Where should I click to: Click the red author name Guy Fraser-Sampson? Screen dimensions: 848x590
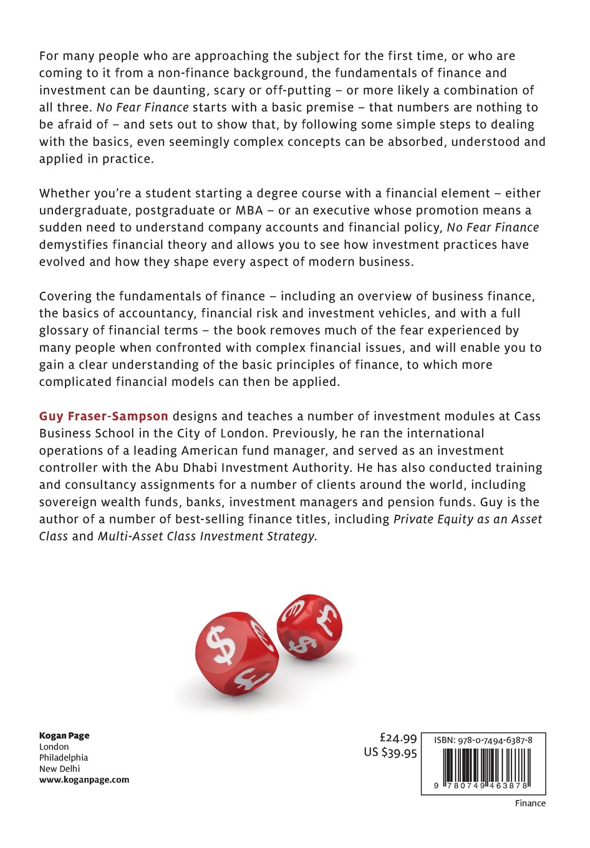click(104, 416)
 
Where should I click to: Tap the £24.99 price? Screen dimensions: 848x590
click(398, 738)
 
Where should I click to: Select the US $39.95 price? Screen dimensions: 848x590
click(390, 753)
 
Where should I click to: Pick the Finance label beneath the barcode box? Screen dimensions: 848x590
click(530, 803)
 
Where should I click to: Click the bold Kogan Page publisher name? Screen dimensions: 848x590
click(64, 736)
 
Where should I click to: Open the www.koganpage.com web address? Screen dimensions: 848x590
click(84, 779)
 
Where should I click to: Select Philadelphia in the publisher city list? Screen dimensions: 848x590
click(64, 758)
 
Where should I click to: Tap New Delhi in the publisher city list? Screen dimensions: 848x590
click(60, 769)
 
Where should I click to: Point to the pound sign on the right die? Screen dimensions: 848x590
click(326, 617)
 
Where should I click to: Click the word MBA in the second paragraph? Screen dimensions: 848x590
click(249, 210)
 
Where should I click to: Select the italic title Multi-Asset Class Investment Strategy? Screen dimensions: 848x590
click(206, 536)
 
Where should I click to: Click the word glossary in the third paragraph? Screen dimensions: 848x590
click(69, 330)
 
